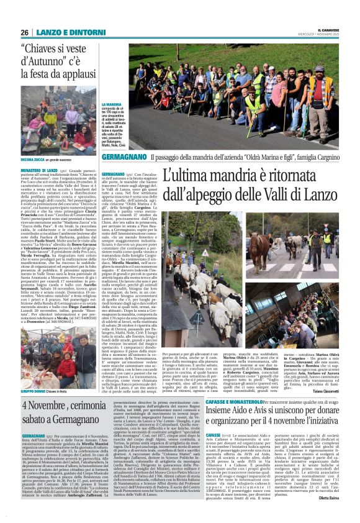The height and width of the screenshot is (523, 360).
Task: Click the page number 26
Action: (x=24, y=32)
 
